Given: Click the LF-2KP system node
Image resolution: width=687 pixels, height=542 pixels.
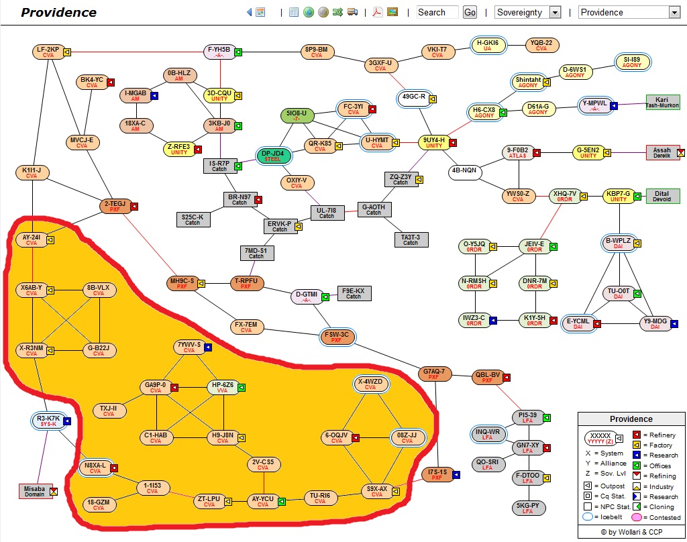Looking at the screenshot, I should click(48, 52).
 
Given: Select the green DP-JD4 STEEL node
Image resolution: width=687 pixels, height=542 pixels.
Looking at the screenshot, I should click(273, 156).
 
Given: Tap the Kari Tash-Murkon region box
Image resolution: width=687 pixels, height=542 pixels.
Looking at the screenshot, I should click(662, 103).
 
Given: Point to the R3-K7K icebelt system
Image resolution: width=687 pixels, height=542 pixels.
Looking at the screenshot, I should click(49, 421).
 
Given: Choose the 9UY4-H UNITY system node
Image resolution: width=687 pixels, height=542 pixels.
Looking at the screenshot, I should click(434, 142).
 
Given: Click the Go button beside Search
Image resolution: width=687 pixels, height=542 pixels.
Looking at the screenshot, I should click(470, 12).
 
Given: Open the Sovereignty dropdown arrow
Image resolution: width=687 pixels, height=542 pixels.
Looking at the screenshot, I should click(555, 12).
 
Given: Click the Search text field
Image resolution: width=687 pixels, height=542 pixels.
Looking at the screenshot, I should click(437, 12).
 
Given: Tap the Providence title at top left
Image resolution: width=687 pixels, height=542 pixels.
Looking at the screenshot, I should click(59, 13).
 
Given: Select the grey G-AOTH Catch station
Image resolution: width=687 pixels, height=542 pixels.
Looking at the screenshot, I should click(374, 210).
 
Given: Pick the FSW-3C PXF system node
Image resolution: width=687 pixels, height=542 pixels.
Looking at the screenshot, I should click(336, 337).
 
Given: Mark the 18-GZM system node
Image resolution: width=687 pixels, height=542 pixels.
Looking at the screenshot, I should click(99, 504).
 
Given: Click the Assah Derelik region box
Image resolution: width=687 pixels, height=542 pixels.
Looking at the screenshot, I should click(662, 153).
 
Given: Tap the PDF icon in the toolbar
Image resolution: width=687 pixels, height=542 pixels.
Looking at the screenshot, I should click(378, 12).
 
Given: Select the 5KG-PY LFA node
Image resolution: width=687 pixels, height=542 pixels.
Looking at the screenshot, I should click(528, 508).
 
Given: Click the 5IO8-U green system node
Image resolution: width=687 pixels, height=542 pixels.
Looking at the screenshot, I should click(297, 115).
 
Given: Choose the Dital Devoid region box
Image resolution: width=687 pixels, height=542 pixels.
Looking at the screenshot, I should click(662, 197).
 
